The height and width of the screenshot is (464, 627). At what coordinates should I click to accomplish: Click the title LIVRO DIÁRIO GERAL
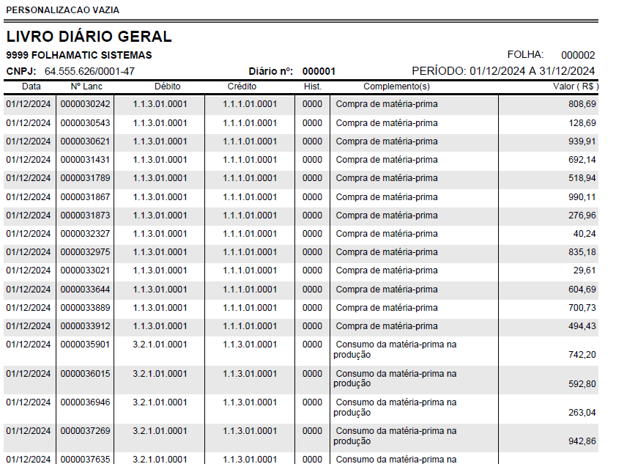(x=89, y=37)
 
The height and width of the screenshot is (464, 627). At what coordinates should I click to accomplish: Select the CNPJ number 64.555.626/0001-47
(x=89, y=71)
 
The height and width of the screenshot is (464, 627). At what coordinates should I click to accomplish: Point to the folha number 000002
(x=578, y=55)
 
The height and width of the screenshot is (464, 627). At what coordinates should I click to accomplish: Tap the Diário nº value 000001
(x=319, y=71)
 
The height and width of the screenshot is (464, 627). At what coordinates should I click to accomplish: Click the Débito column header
(x=168, y=86)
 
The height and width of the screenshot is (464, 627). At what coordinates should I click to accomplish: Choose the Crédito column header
(x=242, y=86)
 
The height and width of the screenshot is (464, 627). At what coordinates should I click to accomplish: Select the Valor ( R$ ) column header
(x=576, y=86)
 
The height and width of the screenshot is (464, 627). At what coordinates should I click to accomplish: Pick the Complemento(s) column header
(x=396, y=86)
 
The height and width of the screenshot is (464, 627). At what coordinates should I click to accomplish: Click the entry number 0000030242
(x=85, y=104)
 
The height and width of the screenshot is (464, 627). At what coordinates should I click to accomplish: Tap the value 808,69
(x=582, y=104)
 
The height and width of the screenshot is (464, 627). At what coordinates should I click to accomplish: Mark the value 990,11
(x=582, y=196)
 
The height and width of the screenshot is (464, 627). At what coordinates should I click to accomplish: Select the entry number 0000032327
(x=85, y=234)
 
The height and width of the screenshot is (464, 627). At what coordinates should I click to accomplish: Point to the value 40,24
(x=585, y=234)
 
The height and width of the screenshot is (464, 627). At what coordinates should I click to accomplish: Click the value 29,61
(x=585, y=270)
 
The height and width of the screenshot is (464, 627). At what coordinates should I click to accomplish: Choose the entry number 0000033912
(x=85, y=326)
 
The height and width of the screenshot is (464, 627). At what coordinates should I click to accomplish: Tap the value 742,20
(x=582, y=354)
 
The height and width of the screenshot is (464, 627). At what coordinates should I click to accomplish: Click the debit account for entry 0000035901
(x=160, y=345)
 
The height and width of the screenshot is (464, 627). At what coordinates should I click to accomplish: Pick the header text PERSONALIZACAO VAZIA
(x=62, y=10)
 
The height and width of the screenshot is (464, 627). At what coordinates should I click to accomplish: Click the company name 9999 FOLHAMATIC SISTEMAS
(x=79, y=55)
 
